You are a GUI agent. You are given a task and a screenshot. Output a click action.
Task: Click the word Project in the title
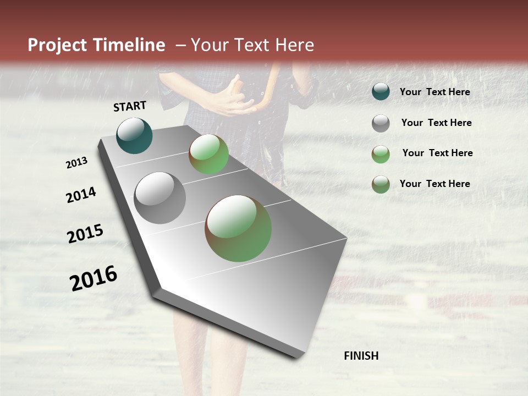click(x=57, y=45)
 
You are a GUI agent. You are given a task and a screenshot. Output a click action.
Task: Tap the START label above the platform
click(x=130, y=106)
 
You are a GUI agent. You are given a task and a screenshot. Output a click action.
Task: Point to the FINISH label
click(x=361, y=356)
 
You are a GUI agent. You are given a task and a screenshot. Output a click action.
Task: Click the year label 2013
click(x=76, y=163)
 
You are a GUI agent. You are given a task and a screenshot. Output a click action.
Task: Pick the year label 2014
click(x=81, y=195)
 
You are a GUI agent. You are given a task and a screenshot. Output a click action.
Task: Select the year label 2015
click(x=85, y=234)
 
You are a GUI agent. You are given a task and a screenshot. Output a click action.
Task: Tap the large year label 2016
click(x=94, y=278)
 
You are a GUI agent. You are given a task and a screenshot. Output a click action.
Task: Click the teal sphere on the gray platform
click(x=134, y=135)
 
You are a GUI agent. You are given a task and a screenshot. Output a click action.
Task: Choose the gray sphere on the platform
click(x=159, y=198)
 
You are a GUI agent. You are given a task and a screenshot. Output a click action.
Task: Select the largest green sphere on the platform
click(x=238, y=228)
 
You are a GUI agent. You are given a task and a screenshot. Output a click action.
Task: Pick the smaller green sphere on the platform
click(x=208, y=154)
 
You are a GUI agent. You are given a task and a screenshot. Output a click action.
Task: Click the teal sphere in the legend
click(x=381, y=92)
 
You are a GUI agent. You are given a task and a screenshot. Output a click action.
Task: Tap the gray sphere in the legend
click(x=381, y=123)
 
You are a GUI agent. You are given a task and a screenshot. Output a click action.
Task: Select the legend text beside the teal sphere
click(x=435, y=92)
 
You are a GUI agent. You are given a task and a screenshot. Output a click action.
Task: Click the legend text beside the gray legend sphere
click(x=436, y=123)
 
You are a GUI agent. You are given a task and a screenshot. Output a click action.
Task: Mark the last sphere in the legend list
click(x=381, y=184)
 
